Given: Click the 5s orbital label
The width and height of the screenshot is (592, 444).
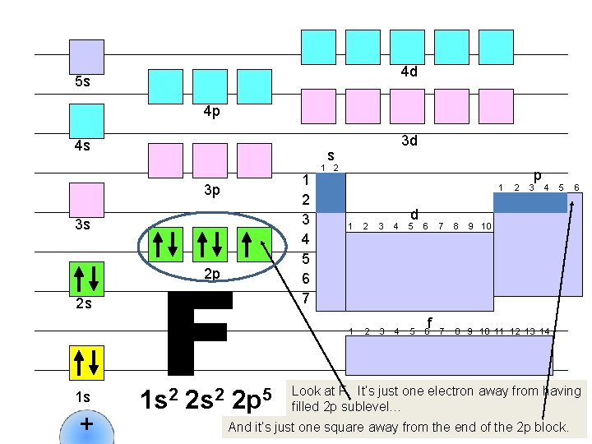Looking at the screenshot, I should click(82, 82).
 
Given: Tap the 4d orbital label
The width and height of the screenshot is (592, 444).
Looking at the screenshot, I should click(409, 72).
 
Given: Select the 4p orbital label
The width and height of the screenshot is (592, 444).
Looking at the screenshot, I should click(211, 112).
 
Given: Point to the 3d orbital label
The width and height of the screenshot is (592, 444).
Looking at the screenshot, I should click(409, 141).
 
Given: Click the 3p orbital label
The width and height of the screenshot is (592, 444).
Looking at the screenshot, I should click(211, 191).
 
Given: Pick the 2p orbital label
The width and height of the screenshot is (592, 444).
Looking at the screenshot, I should click(211, 275).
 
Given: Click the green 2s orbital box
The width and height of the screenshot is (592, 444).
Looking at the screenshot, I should click(86, 279).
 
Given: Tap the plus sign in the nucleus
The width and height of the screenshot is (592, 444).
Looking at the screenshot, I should click(86, 426).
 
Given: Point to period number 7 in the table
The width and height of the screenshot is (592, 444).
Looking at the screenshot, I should click(305, 298).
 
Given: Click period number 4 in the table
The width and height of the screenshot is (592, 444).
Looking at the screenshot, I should click(305, 239).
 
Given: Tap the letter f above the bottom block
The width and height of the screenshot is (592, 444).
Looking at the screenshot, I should click(429, 321).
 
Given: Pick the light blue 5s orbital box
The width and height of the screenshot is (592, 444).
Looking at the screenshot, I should click(86, 57).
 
